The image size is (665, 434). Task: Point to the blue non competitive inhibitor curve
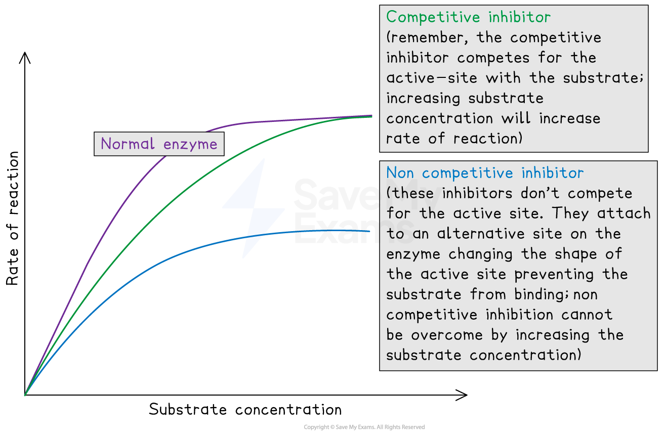point(152,269)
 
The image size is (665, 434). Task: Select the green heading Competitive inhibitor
point(468,17)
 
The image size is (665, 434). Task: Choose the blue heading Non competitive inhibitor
point(485,173)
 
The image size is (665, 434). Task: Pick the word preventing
point(554,274)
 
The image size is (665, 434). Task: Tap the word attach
point(624,213)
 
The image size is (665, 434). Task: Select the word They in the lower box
point(572,213)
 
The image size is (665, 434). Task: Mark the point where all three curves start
point(25,395)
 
